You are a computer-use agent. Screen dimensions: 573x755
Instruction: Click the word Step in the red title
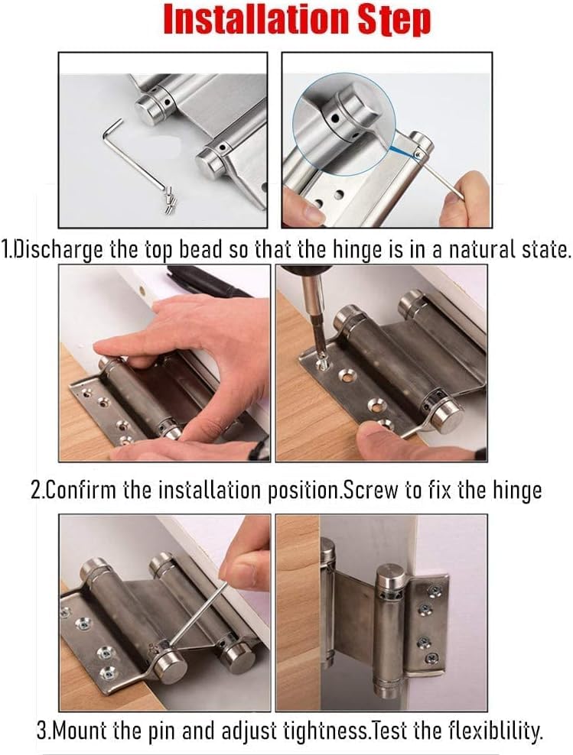[x=397, y=21]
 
